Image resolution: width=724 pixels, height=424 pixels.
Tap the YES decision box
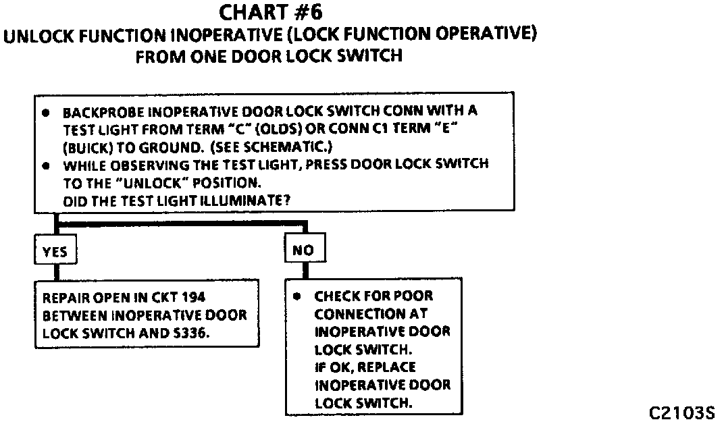click(x=55, y=251)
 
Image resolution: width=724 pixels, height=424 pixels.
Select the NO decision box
click(x=303, y=250)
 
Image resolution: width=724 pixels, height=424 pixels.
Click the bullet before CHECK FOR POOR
click(x=297, y=296)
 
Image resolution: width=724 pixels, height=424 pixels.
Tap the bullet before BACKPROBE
click(x=45, y=112)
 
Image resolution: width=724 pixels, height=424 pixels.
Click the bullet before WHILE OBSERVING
click(x=45, y=164)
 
